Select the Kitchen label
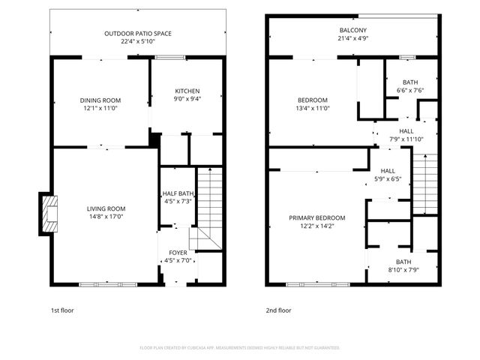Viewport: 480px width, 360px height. coord(187,91)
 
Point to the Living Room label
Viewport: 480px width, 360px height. coord(106,208)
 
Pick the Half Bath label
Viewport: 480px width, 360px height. coord(178,193)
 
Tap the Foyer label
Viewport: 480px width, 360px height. coord(178,253)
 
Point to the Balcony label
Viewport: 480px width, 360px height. coord(352,30)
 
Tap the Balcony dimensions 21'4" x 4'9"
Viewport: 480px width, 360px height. coord(352,39)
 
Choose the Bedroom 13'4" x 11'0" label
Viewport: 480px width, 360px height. coord(313,100)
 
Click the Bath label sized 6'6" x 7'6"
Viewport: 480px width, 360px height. coord(409,82)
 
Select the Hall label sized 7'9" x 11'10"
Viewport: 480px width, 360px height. coord(406,130)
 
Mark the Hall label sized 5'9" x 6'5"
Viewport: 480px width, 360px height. coord(388,170)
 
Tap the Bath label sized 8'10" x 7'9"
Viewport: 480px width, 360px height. coord(403,262)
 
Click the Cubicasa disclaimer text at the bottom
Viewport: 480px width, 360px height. coord(240,348)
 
